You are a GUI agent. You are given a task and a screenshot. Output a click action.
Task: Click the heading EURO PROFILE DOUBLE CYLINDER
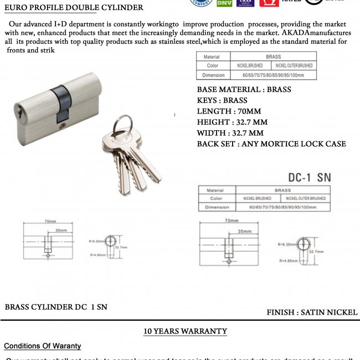point(74,8)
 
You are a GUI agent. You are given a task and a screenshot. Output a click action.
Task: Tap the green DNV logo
point(224,3)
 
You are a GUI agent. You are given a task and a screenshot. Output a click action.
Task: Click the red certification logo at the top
point(269,3)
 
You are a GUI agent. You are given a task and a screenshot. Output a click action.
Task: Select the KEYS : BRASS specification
point(222,101)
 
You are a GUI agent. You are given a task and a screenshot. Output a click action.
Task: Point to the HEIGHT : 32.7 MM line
point(232,122)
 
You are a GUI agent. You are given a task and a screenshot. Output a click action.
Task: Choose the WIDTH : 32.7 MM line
point(230,133)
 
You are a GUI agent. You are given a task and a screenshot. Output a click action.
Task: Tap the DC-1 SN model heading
point(310,177)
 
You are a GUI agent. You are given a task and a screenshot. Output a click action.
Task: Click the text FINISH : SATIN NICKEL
point(312,312)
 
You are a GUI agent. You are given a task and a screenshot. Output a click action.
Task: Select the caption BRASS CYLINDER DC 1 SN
point(56,307)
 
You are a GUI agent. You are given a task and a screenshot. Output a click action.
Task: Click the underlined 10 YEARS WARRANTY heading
point(185,331)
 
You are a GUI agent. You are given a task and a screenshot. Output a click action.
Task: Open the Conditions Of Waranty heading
point(42,346)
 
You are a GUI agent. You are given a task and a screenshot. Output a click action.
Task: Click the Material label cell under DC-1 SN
point(215,190)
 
